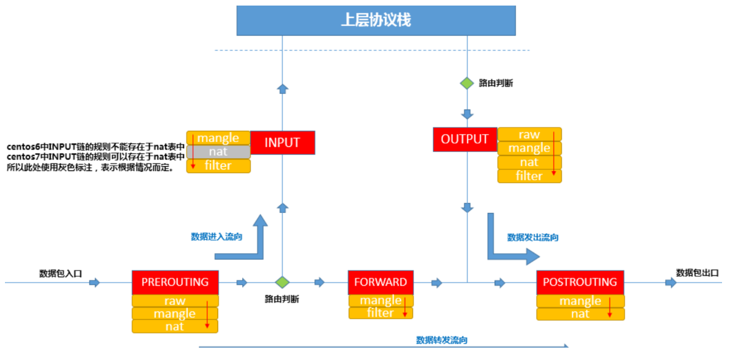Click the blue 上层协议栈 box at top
376,20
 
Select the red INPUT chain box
282,143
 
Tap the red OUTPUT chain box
464,140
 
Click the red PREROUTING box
175,282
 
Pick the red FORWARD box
380,282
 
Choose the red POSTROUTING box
580,282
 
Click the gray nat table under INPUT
218,152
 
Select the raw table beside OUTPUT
529,135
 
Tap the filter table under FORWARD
380,313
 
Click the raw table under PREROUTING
175,301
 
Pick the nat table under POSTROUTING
580,314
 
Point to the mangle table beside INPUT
218,138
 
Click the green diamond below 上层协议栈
467,83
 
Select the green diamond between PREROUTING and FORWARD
282,282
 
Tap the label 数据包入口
61,274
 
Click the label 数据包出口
697,273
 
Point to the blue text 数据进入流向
217,236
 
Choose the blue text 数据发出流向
532,237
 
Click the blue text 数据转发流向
442,340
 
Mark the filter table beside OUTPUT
529,176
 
